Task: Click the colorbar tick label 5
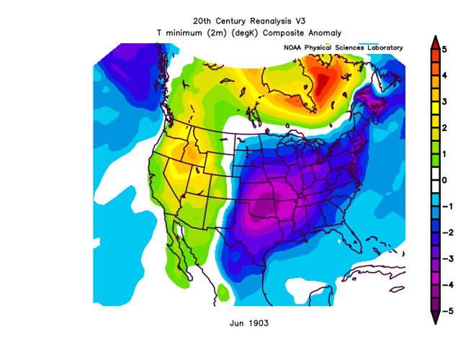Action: [446, 49]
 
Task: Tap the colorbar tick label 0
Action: [446, 180]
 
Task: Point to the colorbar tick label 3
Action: [446, 102]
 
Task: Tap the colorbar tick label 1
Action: [446, 154]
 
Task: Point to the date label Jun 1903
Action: [249, 323]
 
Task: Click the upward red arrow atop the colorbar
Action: [435, 41]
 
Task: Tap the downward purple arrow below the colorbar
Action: [435, 319]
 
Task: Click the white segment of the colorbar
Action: [435, 180]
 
